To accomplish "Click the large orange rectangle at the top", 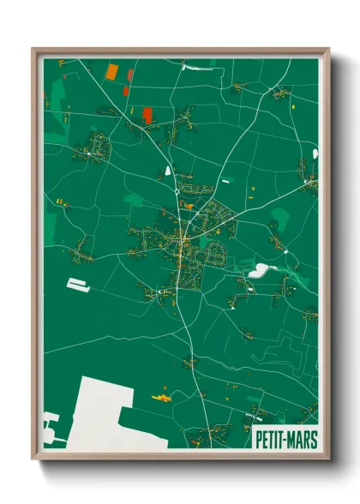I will (x=112, y=72).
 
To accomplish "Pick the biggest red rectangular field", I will (x=147, y=115).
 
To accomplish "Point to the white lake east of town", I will (x=258, y=271).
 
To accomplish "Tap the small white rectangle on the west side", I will (x=78, y=285).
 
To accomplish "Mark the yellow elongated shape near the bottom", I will (x=160, y=397).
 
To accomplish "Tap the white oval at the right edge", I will (x=315, y=153).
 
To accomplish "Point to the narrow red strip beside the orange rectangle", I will (x=129, y=73).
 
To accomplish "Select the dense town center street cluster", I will (x=182, y=244).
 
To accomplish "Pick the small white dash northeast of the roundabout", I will (x=226, y=181).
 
